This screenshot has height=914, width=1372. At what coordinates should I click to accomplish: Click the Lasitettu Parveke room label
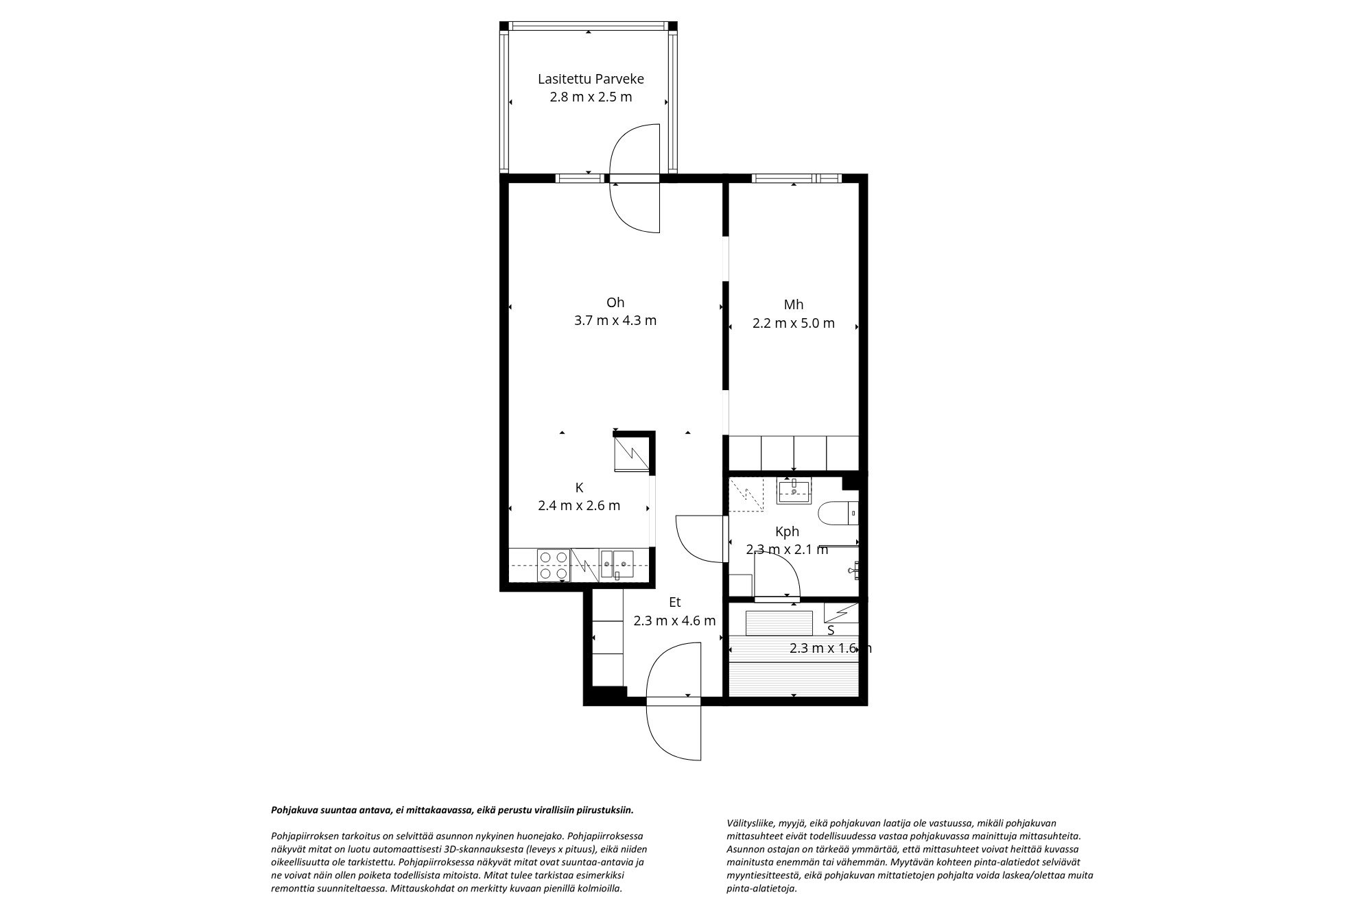point(591,79)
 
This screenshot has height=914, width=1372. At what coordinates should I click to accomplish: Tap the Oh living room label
point(615,302)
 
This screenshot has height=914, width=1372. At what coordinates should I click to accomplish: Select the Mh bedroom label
point(794,304)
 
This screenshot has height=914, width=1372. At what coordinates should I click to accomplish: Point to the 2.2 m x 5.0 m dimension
point(794,323)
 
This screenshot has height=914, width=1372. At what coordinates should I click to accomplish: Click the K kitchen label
point(579,488)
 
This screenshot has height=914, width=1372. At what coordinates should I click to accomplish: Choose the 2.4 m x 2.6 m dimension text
point(579,506)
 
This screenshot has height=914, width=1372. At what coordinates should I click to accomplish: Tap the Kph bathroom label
point(787,531)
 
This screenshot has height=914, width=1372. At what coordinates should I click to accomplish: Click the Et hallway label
point(675,602)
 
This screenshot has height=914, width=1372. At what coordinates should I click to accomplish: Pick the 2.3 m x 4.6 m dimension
point(674,621)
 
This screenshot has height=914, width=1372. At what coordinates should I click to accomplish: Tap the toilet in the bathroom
point(838,512)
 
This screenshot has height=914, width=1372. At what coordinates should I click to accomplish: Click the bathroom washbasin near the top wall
point(794,491)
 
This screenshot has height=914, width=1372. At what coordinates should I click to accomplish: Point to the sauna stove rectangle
point(779,623)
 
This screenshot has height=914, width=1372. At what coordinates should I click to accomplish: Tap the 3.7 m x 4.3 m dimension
point(615,320)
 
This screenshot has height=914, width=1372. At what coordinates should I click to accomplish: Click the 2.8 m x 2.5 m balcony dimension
point(591,97)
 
